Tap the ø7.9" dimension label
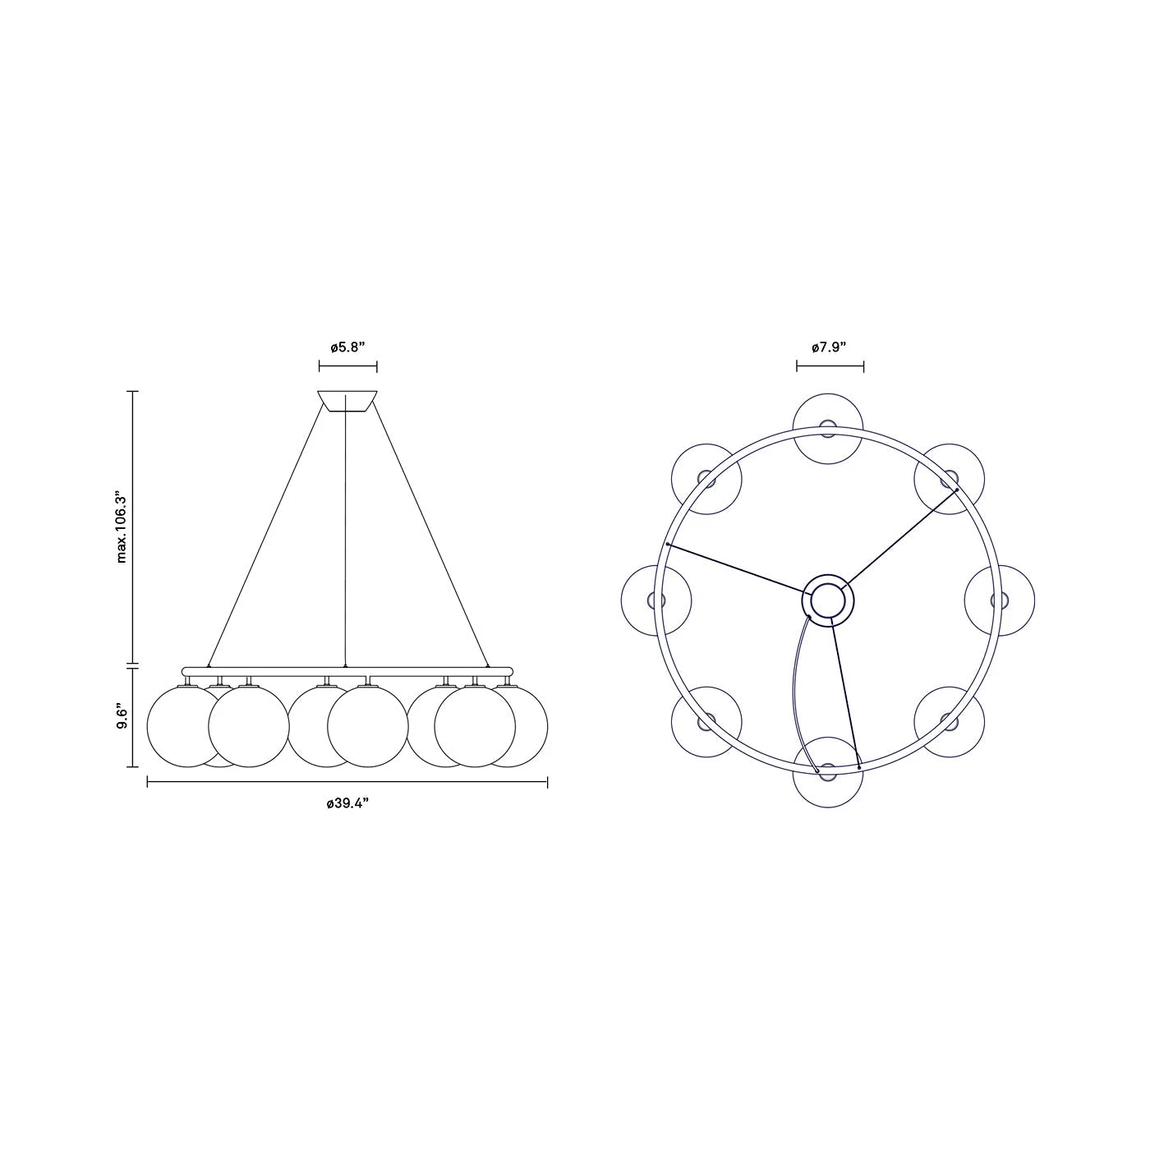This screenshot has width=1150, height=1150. [829, 348]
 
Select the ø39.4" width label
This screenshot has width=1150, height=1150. [347, 803]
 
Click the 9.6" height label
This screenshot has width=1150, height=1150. [122, 715]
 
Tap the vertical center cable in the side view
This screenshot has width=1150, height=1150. [346, 534]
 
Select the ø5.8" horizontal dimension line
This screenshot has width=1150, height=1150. [347, 366]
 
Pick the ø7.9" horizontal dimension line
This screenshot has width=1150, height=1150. [829, 366]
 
